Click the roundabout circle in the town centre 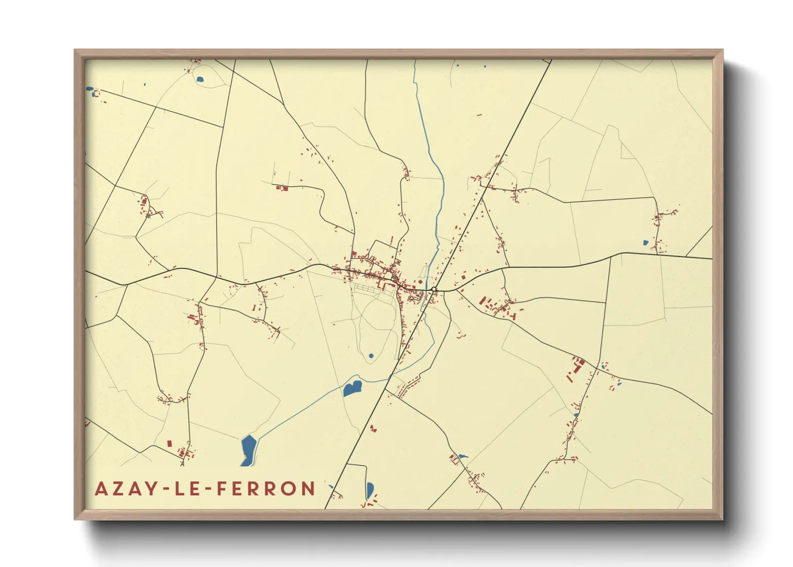click(433, 289)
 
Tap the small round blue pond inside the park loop click(371, 356)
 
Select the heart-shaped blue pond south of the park click(352, 388)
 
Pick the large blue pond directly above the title click(249, 449)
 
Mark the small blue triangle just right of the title click(331, 487)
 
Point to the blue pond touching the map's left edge click(89, 89)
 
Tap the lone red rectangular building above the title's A click(169, 444)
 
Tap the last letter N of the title click(308, 489)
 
